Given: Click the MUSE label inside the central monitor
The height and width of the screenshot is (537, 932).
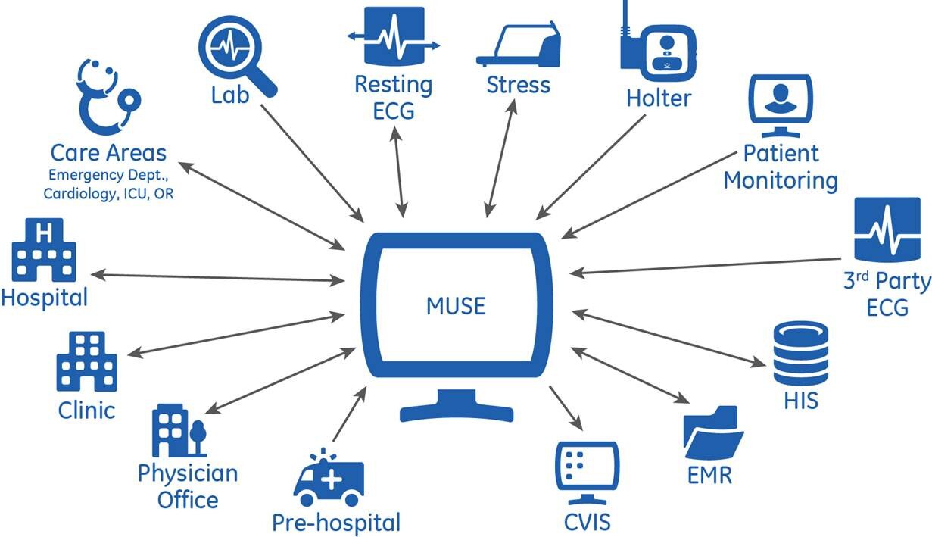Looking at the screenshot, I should (455, 306).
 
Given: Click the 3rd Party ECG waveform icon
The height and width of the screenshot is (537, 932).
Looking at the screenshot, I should (887, 229).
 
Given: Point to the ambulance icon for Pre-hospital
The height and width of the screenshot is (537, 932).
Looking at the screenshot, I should (329, 482).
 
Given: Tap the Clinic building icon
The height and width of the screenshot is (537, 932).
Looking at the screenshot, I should (86, 362).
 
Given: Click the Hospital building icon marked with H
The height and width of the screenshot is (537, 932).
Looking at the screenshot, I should (45, 249).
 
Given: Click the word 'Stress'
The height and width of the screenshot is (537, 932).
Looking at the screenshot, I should (518, 83).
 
